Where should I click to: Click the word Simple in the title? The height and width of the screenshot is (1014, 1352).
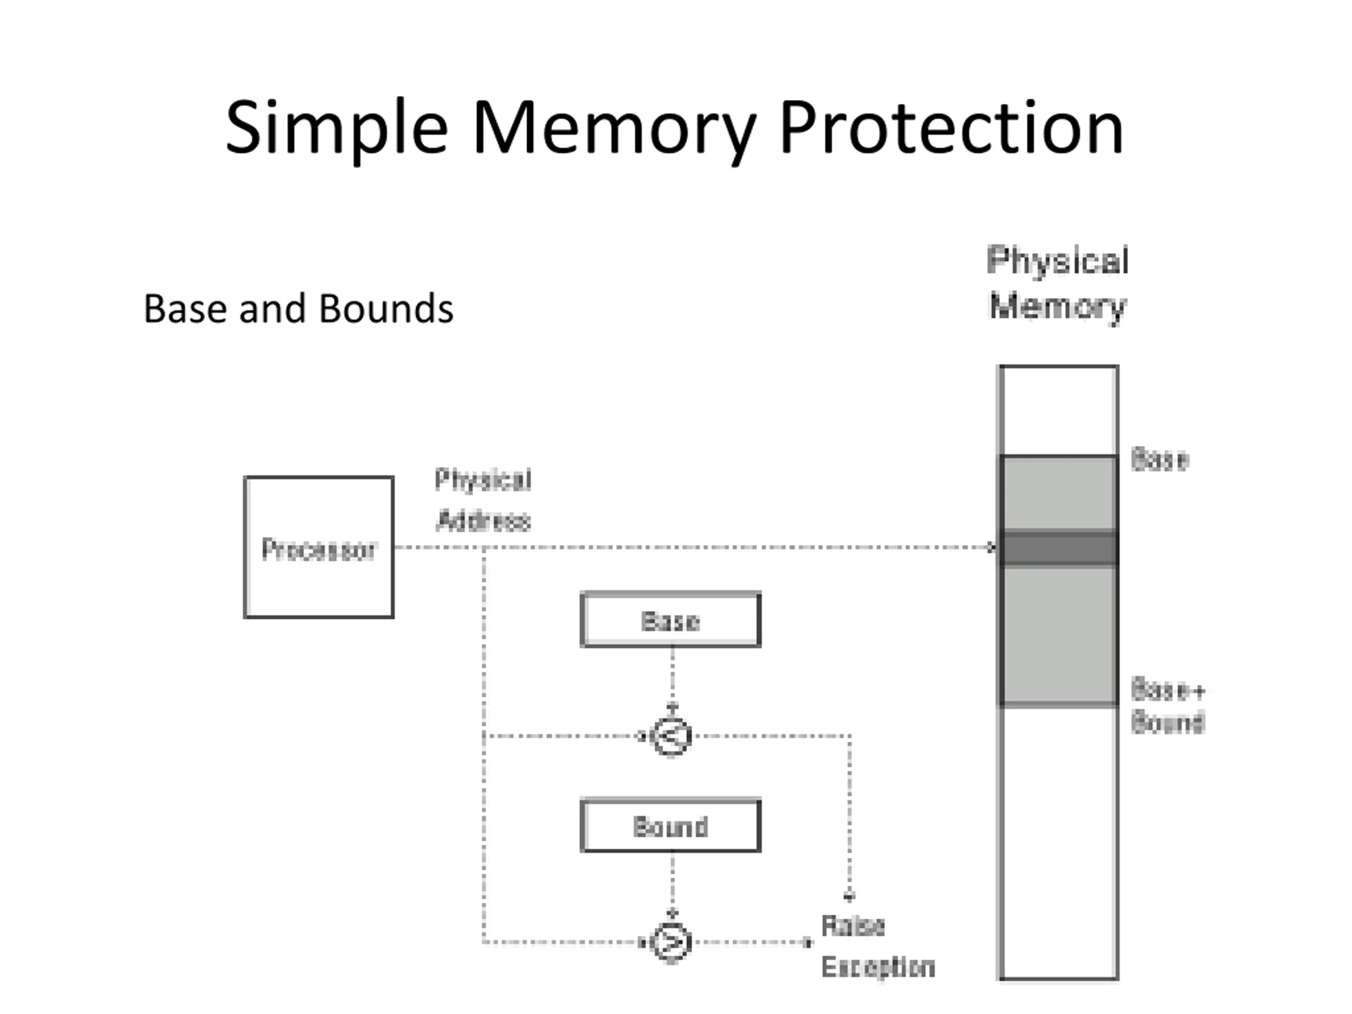(x=337, y=129)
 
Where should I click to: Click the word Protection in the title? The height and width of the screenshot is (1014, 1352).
(x=951, y=128)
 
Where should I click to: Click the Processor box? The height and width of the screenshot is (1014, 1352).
(x=318, y=547)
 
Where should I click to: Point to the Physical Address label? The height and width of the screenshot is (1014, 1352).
(x=483, y=500)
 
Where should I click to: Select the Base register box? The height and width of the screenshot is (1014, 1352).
(x=671, y=619)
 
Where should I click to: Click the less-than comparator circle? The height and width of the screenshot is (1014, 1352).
(x=672, y=736)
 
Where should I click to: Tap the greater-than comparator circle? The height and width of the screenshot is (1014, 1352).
(x=672, y=942)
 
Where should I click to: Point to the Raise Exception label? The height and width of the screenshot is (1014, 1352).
(x=878, y=946)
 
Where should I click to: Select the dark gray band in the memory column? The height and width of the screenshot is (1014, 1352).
(x=1058, y=548)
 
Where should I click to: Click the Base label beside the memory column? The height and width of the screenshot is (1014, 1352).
(x=1159, y=459)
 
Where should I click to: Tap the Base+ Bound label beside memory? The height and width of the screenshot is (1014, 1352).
(x=1167, y=706)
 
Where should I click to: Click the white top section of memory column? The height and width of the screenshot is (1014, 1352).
(x=1058, y=410)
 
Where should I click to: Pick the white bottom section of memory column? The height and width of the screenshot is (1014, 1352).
(x=1058, y=843)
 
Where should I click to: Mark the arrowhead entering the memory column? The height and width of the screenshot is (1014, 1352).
(x=992, y=548)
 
